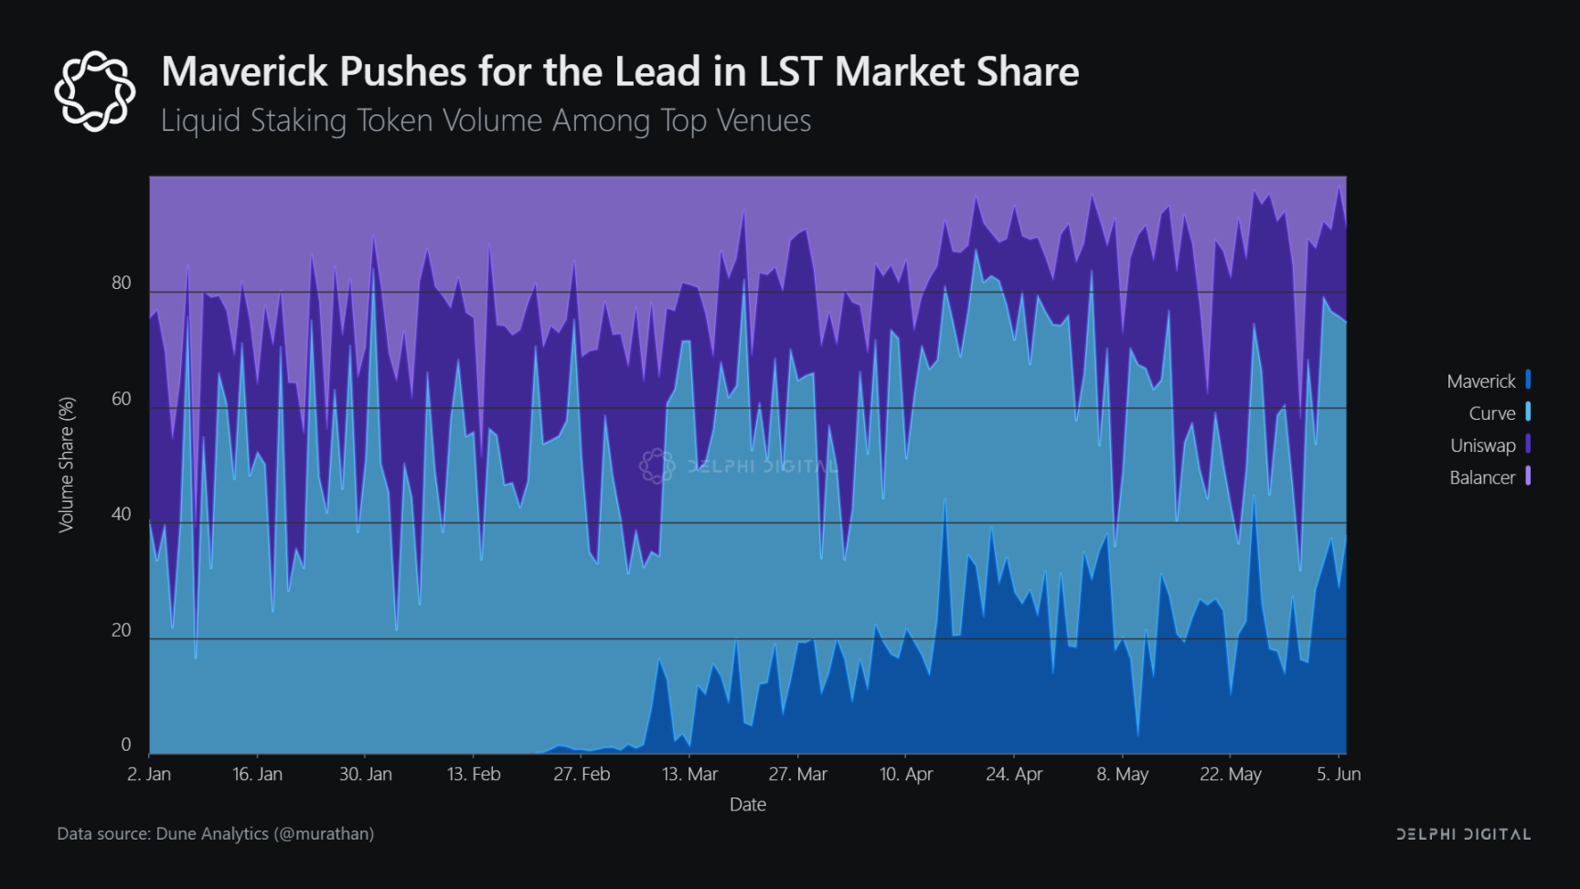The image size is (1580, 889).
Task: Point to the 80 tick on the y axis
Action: (x=122, y=284)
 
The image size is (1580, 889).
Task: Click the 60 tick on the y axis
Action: (x=122, y=399)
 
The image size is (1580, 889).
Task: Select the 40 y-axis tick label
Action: (x=122, y=514)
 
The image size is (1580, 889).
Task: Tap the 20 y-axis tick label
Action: (x=122, y=630)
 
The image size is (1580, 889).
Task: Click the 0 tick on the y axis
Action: (x=126, y=745)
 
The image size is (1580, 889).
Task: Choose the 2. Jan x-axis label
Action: (x=149, y=775)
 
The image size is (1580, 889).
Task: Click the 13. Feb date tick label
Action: (x=474, y=775)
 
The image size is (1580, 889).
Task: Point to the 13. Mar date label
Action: (x=689, y=775)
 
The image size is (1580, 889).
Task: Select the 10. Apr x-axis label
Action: (x=906, y=775)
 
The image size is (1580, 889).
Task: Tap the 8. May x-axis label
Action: (x=1123, y=775)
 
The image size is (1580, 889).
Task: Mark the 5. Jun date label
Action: (x=1339, y=775)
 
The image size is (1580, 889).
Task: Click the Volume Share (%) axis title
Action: (x=66, y=465)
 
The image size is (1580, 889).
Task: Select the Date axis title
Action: (x=748, y=805)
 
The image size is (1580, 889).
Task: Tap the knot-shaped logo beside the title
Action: (x=94, y=91)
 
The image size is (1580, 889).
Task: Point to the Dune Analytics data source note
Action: (x=216, y=834)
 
